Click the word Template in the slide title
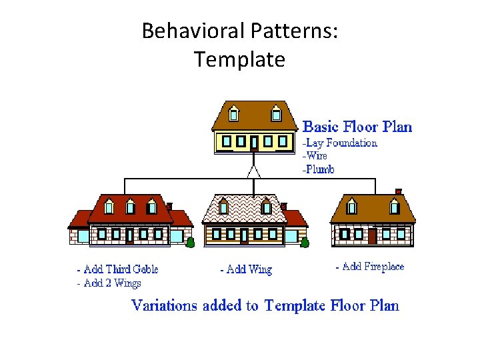point(240,60)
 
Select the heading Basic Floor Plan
point(357,127)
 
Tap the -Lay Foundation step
point(340,143)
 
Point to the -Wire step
point(315,156)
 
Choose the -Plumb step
point(319,169)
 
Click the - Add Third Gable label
point(117,269)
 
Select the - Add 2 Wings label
point(109,283)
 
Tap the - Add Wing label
point(246,269)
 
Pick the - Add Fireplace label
point(370,267)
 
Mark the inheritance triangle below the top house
point(253,171)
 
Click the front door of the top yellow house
point(254,143)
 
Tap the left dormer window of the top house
point(233,113)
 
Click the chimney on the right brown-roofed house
point(399,192)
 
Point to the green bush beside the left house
point(190,242)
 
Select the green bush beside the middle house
point(305,242)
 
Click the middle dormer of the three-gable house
point(131,207)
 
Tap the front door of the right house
point(372,235)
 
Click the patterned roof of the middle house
point(243,209)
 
